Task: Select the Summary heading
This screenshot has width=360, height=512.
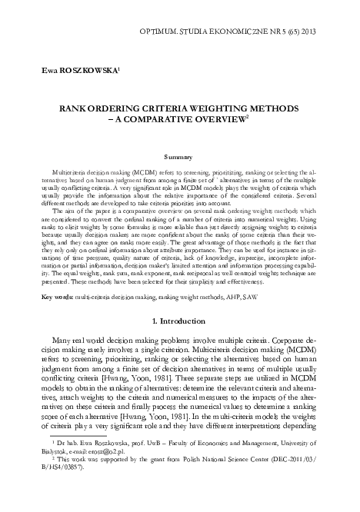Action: click(179, 156)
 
